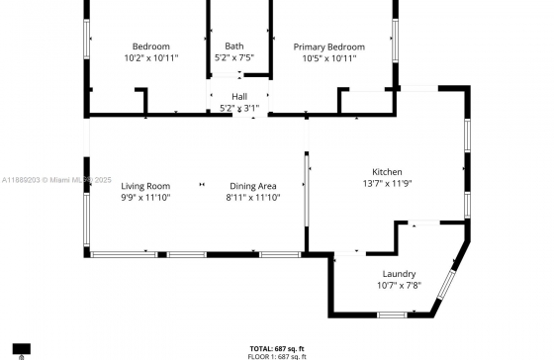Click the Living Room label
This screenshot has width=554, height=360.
click(x=145, y=186)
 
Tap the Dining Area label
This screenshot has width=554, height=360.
click(x=252, y=186)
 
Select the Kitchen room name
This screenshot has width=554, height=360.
click(x=387, y=171)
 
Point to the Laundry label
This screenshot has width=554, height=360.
click(x=399, y=274)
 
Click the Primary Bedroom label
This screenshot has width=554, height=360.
click(x=328, y=46)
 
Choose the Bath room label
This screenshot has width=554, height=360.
click(x=234, y=45)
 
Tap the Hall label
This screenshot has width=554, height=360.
click(x=239, y=96)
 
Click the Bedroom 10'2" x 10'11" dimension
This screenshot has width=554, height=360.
click(x=151, y=58)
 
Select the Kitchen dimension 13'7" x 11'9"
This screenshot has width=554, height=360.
click(x=387, y=183)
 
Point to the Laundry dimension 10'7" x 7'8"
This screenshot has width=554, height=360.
click(x=399, y=286)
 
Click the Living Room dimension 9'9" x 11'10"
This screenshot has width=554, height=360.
click(x=145, y=198)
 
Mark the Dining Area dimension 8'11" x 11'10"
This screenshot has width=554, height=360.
click(x=252, y=198)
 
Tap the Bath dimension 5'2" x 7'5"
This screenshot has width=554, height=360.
click(x=234, y=58)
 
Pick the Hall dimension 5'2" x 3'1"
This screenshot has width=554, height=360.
click(x=239, y=108)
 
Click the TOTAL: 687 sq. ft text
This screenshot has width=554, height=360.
click(x=277, y=348)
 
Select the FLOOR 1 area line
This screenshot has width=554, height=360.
click(x=277, y=355)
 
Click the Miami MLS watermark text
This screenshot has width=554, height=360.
click(x=56, y=180)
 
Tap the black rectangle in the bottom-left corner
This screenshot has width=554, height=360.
click(x=22, y=349)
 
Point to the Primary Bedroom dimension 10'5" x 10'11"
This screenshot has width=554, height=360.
click(x=328, y=58)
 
